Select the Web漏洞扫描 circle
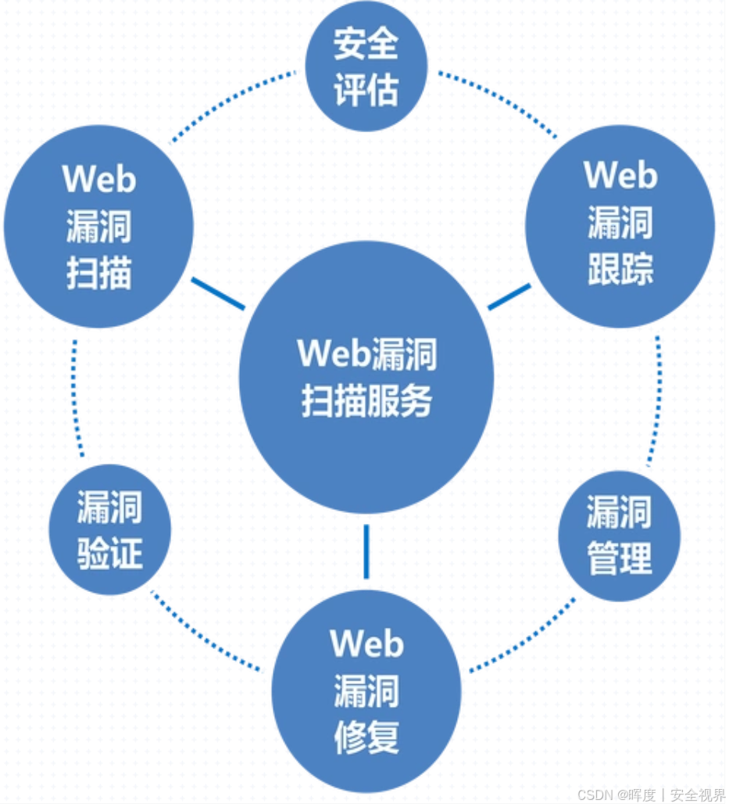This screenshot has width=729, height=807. pyautogui.click(x=98, y=227)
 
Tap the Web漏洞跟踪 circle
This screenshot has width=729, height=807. pyautogui.click(x=620, y=227)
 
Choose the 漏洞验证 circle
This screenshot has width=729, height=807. pyautogui.click(x=109, y=531)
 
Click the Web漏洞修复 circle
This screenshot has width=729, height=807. pyautogui.click(x=366, y=691)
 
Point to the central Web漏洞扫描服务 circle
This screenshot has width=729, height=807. pyautogui.click(x=366, y=378)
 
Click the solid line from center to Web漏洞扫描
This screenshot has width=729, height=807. pyautogui.click(x=218, y=293)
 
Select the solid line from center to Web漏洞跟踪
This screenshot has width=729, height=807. pyautogui.click(x=509, y=296)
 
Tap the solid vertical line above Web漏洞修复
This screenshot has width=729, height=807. pyautogui.click(x=366, y=551)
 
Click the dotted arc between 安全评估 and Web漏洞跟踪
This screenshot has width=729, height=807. pyautogui.click(x=499, y=100)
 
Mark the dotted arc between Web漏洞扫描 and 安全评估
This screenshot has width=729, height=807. pyautogui.click(x=230, y=102)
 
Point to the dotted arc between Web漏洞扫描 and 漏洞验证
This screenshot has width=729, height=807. pyautogui.click(x=75, y=399)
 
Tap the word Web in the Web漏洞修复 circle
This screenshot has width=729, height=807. pyautogui.click(x=366, y=644)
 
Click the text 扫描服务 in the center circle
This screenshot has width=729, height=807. pyautogui.click(x=366, y=403)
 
